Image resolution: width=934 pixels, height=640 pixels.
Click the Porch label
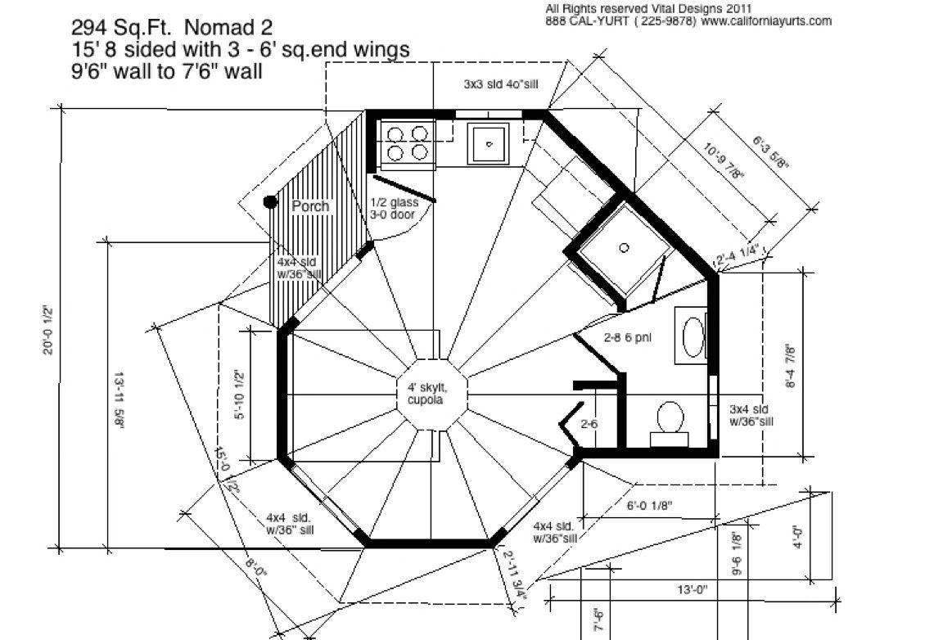click(310, 206)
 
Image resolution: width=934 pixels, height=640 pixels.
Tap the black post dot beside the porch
click(268, 201)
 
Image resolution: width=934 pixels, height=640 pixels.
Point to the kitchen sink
click(489, 143)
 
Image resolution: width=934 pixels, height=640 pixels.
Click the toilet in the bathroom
click(671, 419)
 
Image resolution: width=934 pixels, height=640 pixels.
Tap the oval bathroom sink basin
click(691, 336)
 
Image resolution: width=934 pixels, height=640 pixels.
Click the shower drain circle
click(624, 247)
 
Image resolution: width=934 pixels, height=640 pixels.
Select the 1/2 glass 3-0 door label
click(393, 209)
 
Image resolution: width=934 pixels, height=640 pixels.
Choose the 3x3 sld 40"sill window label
click(500, 84)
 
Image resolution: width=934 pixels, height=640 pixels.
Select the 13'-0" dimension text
click(693, 589)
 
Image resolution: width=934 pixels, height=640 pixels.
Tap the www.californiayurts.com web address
click(766, 21)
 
